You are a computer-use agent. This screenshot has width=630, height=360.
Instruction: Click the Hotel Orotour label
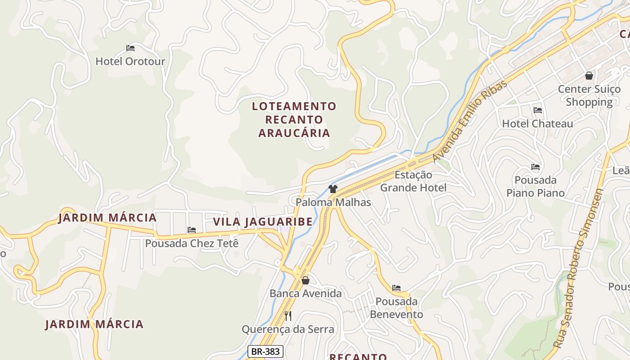130,61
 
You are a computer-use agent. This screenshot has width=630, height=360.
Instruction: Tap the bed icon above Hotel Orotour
130,48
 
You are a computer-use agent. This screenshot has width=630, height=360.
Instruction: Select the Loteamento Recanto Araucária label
294,120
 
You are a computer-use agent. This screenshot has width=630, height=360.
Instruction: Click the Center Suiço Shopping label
589,95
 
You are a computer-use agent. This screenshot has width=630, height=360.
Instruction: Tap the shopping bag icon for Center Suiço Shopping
589,76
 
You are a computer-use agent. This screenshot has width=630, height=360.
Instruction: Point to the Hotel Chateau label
537,124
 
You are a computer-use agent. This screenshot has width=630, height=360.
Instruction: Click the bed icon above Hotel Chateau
537,110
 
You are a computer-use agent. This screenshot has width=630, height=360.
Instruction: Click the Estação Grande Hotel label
413,181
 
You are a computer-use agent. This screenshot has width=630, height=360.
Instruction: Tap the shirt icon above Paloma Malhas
333,189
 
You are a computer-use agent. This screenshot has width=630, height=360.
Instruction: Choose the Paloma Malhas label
333,202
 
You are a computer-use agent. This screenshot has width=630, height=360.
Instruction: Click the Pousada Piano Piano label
535,187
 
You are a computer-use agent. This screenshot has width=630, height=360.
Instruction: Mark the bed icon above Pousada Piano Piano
535,167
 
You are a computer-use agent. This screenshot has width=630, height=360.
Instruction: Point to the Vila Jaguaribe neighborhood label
262,222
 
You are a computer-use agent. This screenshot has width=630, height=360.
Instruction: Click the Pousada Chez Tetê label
192,243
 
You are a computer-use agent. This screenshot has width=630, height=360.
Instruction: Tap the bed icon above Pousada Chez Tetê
192,230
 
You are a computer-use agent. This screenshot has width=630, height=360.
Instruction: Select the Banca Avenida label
306,294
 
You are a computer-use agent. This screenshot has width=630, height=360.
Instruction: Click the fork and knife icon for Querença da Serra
288,316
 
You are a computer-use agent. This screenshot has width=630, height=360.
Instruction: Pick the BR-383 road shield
265,351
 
